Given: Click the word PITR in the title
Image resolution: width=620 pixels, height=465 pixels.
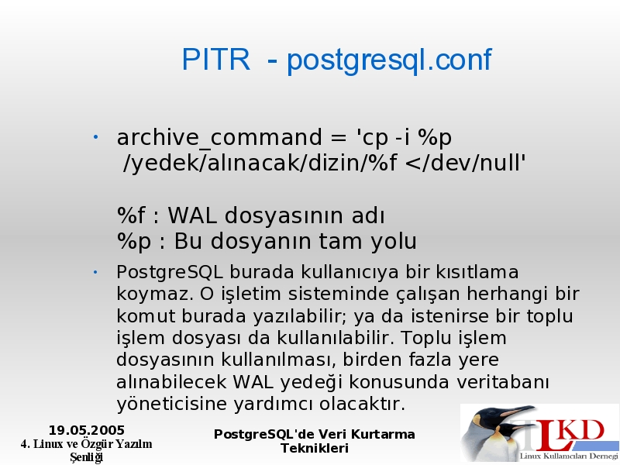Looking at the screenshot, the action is coord(216,60).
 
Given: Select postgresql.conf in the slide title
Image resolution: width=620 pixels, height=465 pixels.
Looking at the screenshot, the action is coord(389,61).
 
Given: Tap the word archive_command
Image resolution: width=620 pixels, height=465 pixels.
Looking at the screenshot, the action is coord(219,138).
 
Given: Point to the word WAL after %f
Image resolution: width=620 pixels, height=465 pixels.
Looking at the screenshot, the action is coord(192,216).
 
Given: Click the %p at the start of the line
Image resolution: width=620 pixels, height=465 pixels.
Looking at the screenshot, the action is coord(134,242).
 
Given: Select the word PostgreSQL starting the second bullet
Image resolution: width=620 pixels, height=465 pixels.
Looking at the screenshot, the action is coord(170,273).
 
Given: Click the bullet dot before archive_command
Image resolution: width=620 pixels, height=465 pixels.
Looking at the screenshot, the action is coord(95,137).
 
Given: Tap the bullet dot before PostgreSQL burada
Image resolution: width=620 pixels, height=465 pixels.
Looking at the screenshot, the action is coord(95,272).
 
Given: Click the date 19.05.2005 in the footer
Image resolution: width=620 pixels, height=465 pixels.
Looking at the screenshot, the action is coord(87,430).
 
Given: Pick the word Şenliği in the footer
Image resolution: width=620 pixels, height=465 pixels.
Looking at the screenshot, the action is coord(87,457).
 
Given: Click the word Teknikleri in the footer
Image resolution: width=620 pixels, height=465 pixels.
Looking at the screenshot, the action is coord(315,449).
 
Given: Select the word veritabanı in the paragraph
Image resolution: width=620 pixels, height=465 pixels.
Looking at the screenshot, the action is coord(502,382).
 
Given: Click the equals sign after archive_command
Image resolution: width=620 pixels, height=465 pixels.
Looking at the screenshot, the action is coord(338,139).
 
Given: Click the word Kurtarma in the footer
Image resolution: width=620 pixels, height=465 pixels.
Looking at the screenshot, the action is coord(383,435).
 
